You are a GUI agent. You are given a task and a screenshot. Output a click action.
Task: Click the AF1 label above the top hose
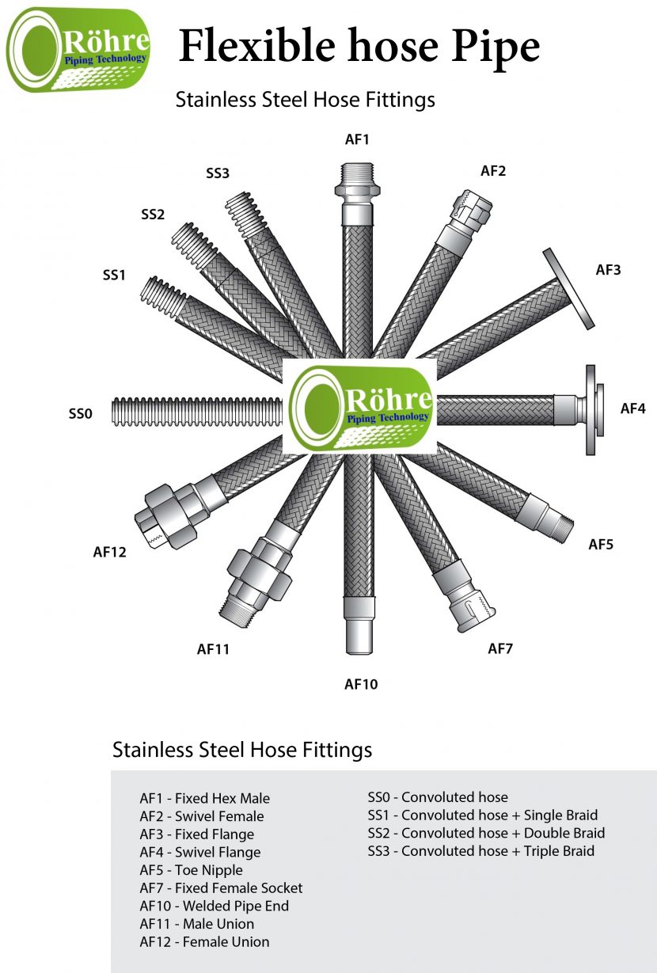click(357, 139)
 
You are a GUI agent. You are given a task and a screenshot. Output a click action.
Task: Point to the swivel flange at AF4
click(591, 409)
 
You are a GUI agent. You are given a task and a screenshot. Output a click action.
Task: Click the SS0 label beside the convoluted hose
click(81, 413)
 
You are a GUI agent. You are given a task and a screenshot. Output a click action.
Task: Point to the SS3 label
click(217, 173)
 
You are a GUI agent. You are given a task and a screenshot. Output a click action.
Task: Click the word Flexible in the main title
click(253, 45)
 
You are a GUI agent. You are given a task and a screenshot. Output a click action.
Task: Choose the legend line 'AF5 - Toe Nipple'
click(191, 870)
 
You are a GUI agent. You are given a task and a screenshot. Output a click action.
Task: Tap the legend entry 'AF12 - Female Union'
click(204, 941)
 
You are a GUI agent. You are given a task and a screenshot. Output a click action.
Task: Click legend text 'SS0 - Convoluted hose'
click(438, 797)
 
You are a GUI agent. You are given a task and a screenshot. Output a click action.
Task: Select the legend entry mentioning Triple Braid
click(480, 851)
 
